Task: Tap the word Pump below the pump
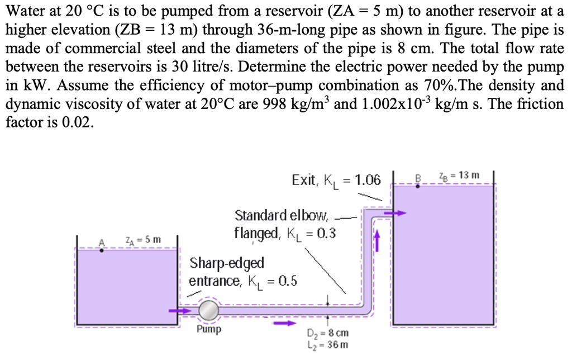pos(209,329)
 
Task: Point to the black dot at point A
pos(101,250)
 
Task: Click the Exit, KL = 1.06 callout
pos(336,180)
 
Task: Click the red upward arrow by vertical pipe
pos(376,241)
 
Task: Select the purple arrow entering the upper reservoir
pos(398,213)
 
